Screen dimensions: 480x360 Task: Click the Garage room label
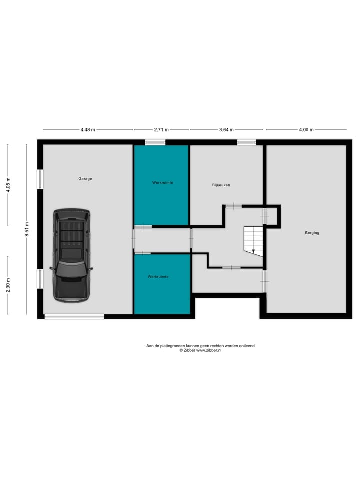[85, 179]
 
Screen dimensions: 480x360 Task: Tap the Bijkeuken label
[221, 185]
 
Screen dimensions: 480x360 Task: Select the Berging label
[312, 233]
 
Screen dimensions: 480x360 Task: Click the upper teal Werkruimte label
[163, 183]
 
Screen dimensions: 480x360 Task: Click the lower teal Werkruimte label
[158, 276]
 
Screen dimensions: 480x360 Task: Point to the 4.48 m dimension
[88, 130]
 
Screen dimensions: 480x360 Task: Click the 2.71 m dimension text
[161, 130]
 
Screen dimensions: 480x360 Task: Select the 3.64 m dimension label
[227, 130]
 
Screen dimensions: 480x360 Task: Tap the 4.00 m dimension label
[306, 130]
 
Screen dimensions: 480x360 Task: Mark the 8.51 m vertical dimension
[28, 230]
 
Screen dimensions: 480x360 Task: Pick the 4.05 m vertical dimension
[8, 184]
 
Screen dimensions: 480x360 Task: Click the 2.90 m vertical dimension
[8, 285]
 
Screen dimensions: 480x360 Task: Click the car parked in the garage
[72, 255]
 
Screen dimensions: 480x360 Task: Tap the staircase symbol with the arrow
[253, 241]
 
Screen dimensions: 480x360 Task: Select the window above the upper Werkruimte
[155, 143]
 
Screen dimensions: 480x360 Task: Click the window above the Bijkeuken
[246, 143]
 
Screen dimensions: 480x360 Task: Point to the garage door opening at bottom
[74, 316]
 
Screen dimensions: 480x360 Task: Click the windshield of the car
[72, 269]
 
